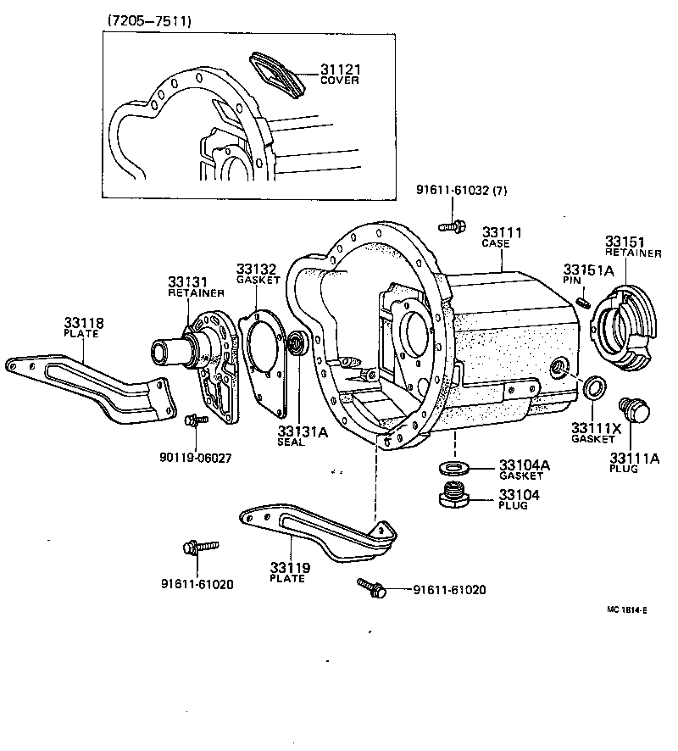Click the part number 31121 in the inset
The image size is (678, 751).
339,69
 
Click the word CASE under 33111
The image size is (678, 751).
496,244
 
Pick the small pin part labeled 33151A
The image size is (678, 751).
582,301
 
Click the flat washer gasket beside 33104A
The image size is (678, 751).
454,468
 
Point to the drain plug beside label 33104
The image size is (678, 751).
455,494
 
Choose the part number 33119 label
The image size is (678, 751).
290,567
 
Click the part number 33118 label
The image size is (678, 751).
84,322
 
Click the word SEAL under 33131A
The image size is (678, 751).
291,442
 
